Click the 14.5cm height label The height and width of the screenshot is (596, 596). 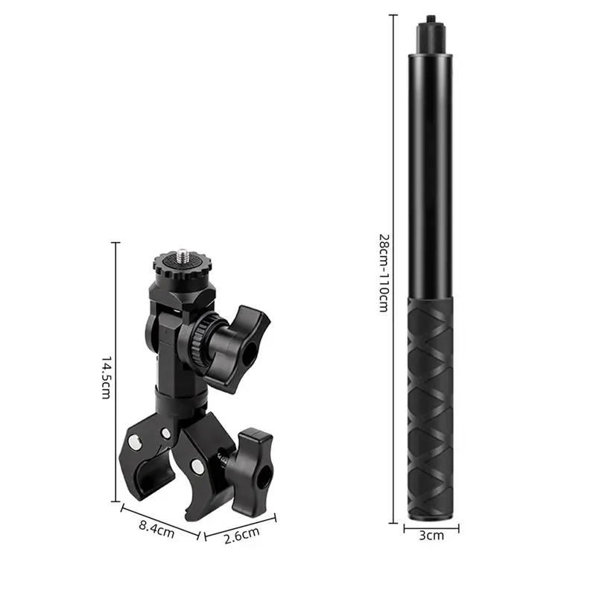(106, 378)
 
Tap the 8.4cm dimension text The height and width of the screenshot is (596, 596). (156, 530)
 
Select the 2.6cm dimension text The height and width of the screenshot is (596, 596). (241, 535)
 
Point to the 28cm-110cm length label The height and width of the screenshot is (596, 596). (384, 273)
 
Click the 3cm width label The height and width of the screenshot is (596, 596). (431, 536)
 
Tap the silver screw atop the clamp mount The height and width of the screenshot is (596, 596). (182, 255)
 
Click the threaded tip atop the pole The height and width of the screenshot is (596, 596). (431, 18)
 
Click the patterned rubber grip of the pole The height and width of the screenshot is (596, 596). (431, 409)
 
